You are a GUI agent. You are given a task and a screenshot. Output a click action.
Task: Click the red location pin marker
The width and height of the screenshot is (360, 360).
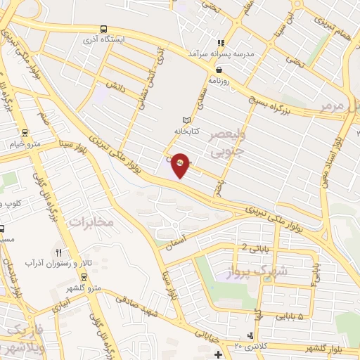(x=181, y=164)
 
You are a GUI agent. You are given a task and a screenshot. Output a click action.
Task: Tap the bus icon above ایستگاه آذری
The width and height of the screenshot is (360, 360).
(x=104, y=30)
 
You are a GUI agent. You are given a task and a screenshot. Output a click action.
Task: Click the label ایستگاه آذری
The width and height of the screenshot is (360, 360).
(x=104, y=40)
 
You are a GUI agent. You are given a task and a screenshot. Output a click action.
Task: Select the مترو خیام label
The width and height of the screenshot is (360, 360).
(x=25, y=144)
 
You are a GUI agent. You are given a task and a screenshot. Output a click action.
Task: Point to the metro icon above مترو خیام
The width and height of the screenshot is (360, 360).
(x=25, y=132)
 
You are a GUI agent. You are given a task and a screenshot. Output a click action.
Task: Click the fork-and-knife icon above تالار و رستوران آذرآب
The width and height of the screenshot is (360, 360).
(x=59, y=252)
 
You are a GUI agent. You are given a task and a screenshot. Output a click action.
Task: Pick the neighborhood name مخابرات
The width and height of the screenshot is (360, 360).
(x=90, y=221)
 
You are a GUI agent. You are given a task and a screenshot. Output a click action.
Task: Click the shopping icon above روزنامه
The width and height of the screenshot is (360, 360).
(x=220, y=70)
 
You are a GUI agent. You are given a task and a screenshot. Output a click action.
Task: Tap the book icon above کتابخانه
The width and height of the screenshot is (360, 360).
(x=186, y=120)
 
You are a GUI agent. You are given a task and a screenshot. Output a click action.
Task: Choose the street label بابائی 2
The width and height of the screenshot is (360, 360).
(x=254, y=247)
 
